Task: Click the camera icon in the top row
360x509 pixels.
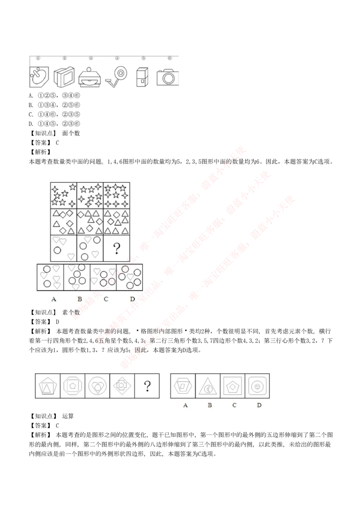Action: pos(168,77)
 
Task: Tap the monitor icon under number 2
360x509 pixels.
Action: pos(63,76)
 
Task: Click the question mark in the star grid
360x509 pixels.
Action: pos(117,248)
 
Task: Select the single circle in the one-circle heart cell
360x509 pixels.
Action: pos(57,250)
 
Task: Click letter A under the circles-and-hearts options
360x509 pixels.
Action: pos(54,299)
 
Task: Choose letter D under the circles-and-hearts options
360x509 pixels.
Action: pos(132,299)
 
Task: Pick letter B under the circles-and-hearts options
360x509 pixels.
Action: pos(80,299)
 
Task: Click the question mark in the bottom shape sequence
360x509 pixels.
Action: pos(147,386)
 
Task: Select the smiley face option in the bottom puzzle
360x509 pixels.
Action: pos(257,386)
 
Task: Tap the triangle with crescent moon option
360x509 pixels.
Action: pos(208,386)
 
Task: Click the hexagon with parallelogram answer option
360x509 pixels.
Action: pos(183,386)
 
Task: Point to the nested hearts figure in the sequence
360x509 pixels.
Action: pos(97,386)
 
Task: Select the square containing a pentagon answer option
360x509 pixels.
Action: pos(233,386)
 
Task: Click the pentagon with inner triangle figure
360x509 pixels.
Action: pos(47,386)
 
